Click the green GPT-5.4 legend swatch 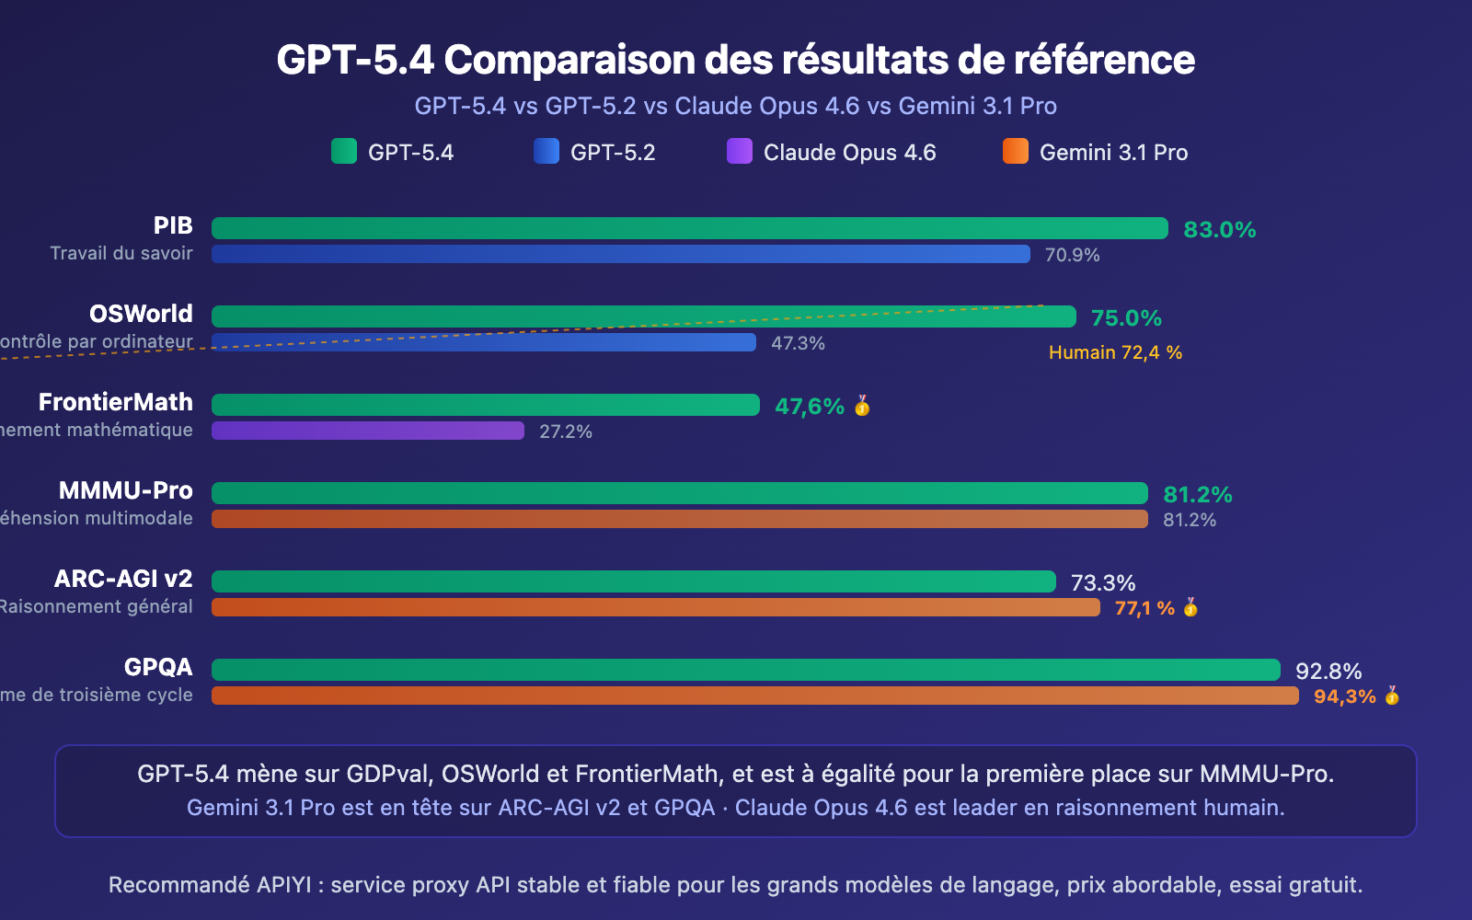[x=343, y=151]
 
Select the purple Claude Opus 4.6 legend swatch [x=739, y=151]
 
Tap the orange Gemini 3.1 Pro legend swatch [x=1015, y=151]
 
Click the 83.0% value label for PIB [x=1219, y=230]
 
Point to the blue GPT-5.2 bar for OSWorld [x=483, y=343]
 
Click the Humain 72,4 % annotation [x=1115, y=352]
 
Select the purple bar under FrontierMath [x=368, y=431]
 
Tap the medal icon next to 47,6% [x=862, y=406]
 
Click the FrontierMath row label [x=116, y=402]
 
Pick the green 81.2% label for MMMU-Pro [x=1197, y=495]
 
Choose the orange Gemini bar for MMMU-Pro [x=679, y=519]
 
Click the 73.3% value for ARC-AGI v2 [x=1102, y=583]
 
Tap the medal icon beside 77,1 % [x=1190, y=607]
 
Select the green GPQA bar [x=745, y=670]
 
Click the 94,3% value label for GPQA [x=1344, y=696]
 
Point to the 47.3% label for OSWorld [x=798, y=343]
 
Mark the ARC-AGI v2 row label [x=123, y=579]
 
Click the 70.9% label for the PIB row [x=1072, y=255]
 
